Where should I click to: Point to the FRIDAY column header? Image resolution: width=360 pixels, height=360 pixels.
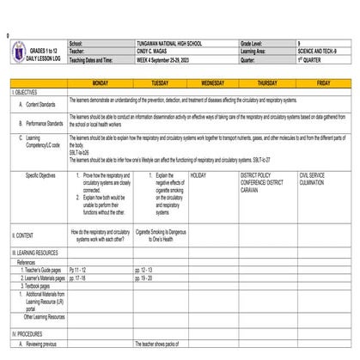coord(323,82)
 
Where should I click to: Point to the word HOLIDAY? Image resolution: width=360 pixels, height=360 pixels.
coord(198,174)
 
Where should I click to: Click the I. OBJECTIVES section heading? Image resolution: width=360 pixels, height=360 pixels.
coord(25,91)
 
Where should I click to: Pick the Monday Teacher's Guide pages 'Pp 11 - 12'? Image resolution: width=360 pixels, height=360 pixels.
coord(77,270)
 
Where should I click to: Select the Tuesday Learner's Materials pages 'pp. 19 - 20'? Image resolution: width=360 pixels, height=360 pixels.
coord(147,278)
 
